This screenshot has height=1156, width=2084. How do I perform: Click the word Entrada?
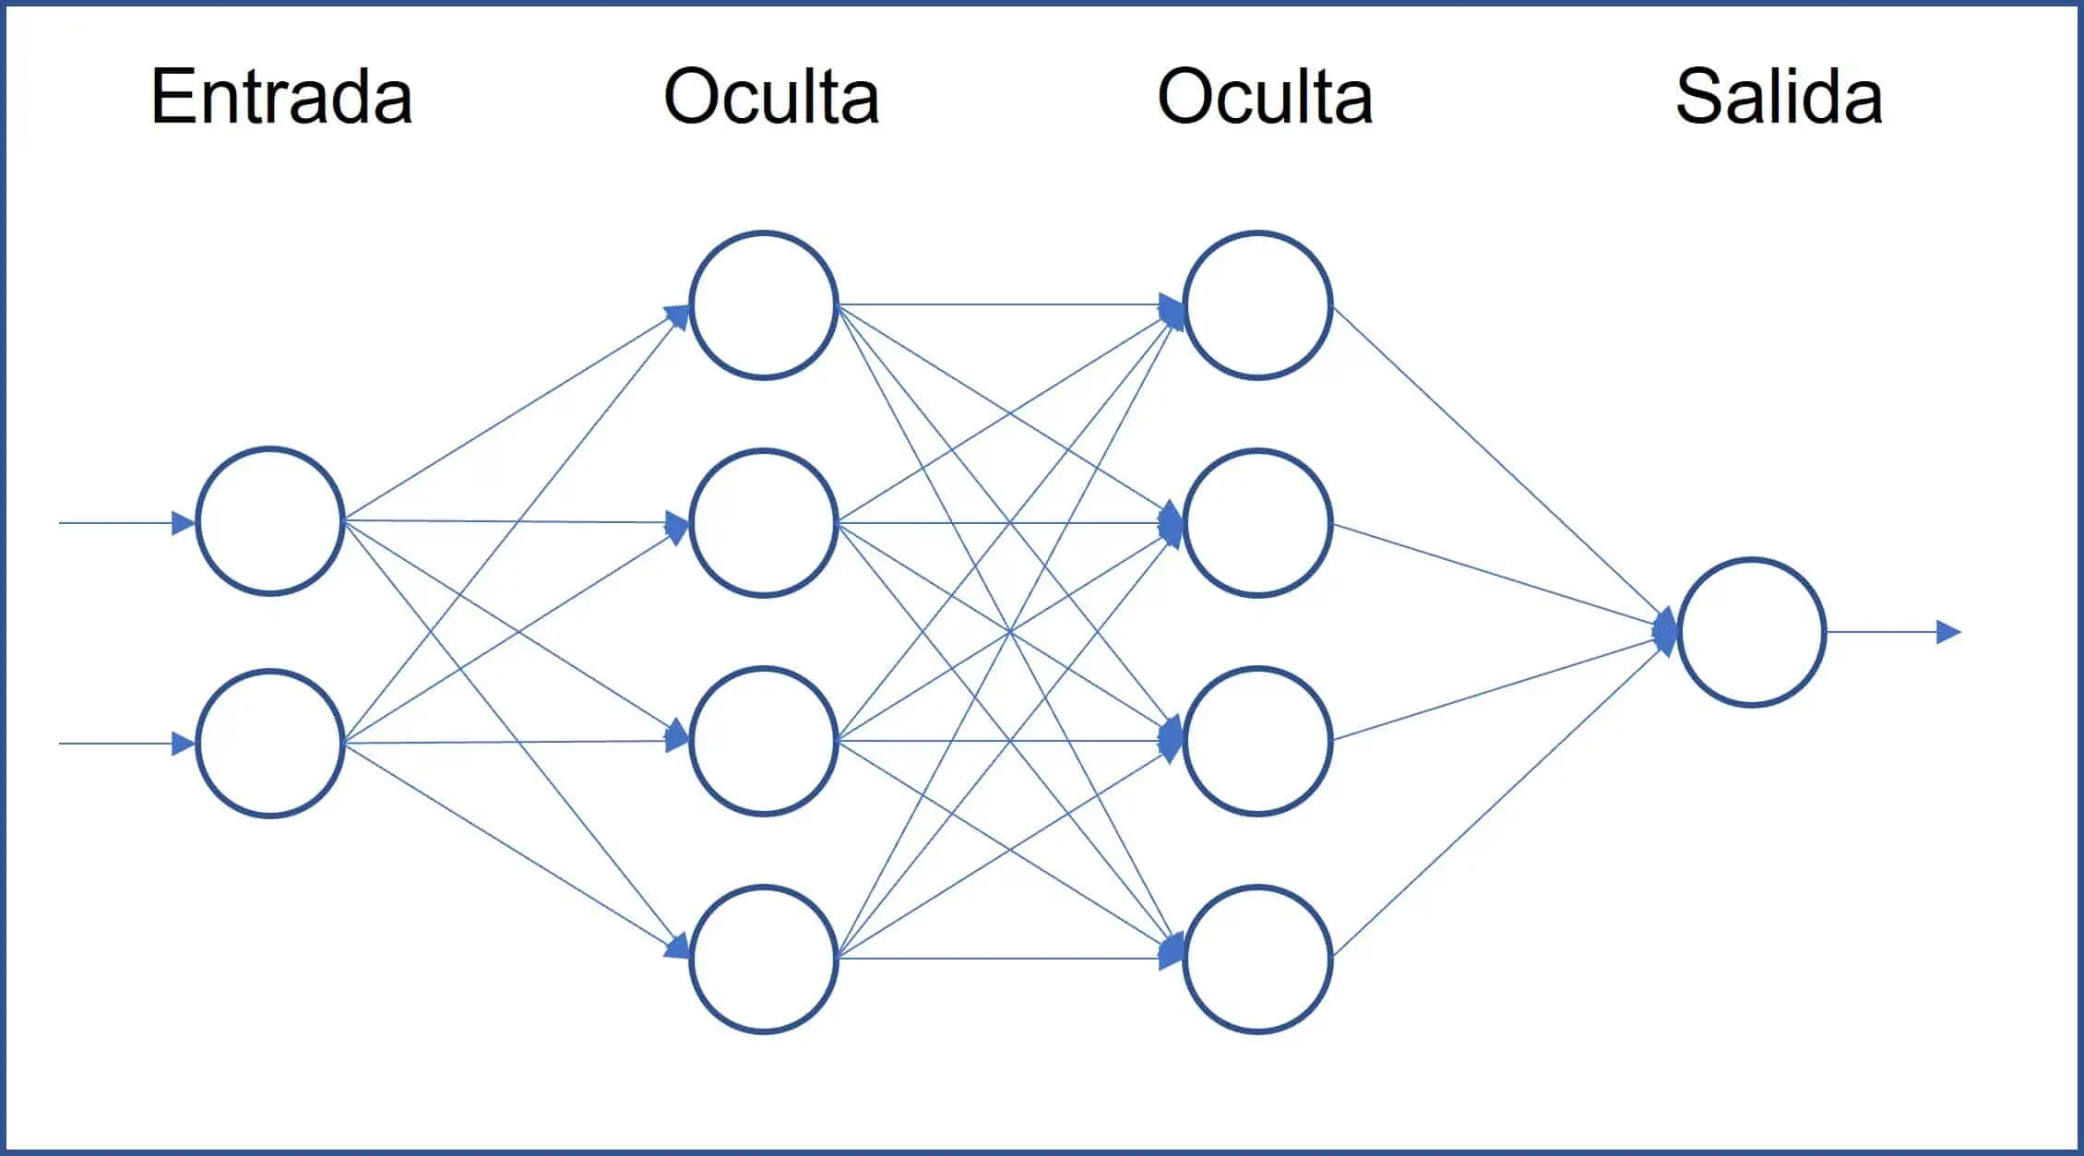[280, 97]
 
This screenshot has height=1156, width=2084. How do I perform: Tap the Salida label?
[1778, 97]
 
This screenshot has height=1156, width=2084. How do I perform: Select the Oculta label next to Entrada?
[771, 97]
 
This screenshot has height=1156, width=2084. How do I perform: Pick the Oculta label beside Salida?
[1265, 97]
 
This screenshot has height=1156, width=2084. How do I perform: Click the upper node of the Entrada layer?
[270, 521]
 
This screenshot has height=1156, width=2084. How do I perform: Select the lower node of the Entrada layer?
[270, 744]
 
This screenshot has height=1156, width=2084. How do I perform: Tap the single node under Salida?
[1751, 632]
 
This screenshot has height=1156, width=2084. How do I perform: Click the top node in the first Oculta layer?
[764, 304]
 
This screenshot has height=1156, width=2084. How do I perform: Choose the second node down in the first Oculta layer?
[764, 523]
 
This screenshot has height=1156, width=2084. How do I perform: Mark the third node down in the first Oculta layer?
[764, 741]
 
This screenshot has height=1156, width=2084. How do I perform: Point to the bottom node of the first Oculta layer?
[764, 959]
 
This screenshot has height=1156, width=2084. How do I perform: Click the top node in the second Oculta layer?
[1257, 304]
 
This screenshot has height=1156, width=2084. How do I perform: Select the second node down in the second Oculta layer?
[1257, 523]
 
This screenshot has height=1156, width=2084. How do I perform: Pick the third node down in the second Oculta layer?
[1257, 741]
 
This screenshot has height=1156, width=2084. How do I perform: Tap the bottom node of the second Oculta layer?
[1257, 959]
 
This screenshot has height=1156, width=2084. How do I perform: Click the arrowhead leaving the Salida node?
[1947, 632]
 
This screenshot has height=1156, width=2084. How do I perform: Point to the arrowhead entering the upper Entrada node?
[184, 523]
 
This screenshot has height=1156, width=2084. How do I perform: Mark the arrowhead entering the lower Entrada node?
[184, 744]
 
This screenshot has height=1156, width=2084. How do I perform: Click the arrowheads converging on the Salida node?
[1666, 632]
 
